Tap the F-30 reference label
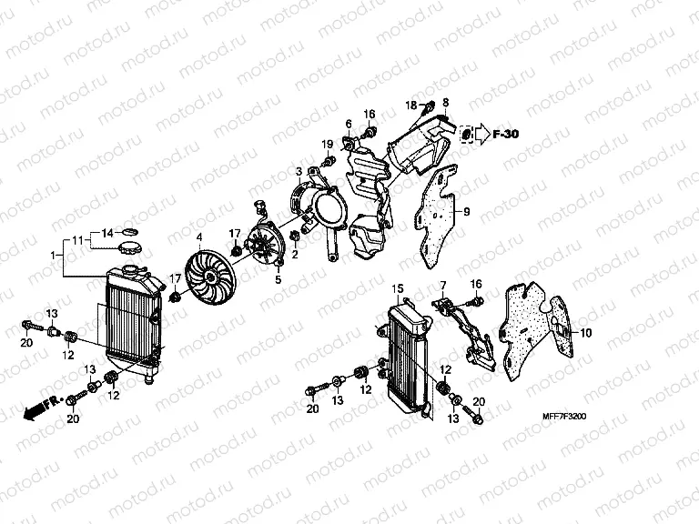click(x=505, y=135)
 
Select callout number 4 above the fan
click(x=198, y=238)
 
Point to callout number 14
click(x=106, y=233)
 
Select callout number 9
click(x=466, y=213)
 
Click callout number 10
click(x=585, y=333)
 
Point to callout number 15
click(x=397, y=288)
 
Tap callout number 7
click(x=443, y=286)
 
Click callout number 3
click(x=298, y=171)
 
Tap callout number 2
click(x=295, y=254)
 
